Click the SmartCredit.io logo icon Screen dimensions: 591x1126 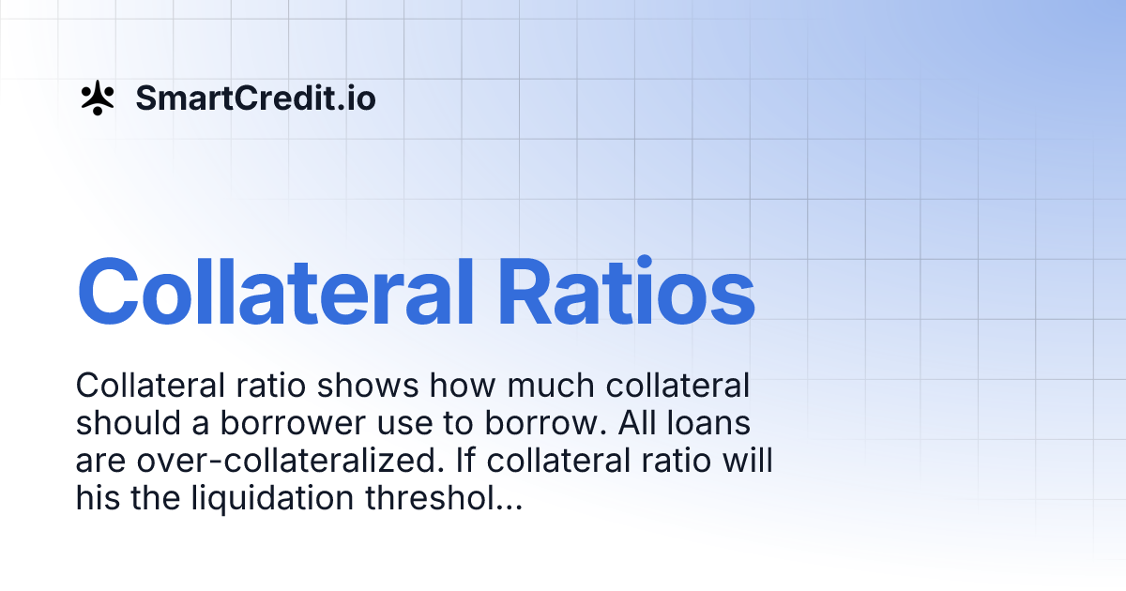coord(97,98)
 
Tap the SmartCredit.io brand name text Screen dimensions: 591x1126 coord(255,98)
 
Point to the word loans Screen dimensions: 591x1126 coord(711,424)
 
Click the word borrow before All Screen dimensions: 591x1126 coord(551,424)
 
